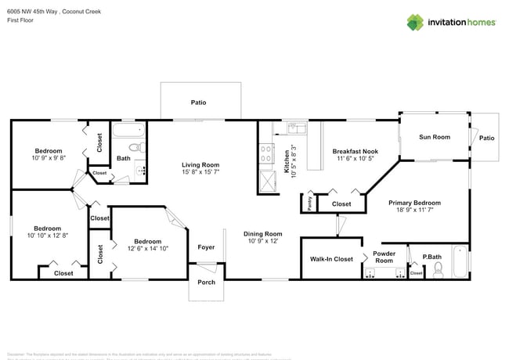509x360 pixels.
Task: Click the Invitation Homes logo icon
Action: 416,22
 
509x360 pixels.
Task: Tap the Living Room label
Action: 200,164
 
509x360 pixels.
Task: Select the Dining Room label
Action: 262,233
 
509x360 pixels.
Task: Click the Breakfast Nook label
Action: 356,151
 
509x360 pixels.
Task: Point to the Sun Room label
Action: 435,137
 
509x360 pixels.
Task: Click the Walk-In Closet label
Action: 331,258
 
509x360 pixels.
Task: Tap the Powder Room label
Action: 384,257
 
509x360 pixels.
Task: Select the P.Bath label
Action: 432,256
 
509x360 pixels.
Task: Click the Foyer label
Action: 206,247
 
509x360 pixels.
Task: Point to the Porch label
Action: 206,282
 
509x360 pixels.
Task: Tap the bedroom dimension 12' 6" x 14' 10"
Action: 147,248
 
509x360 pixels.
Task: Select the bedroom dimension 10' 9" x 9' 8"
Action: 49,158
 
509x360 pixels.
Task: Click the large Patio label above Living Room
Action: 199,102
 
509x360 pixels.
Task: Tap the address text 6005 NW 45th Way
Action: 31,12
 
